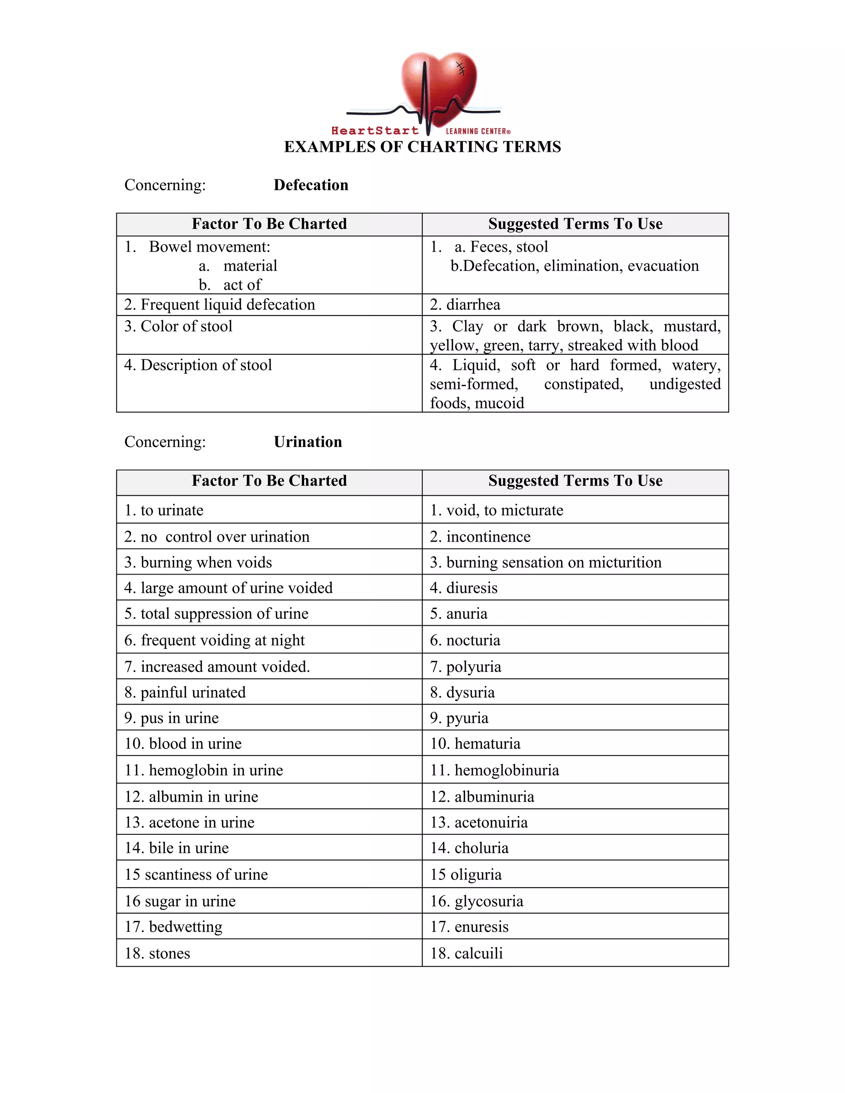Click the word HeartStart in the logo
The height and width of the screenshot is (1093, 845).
(x=375, y=131)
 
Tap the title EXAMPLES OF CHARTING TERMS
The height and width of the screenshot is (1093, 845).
(x=422, y=147)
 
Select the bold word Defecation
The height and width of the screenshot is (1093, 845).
(x=311, y=185)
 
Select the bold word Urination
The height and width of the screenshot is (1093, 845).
(x=308, y=442)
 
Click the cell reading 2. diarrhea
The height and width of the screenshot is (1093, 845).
(x=465, y=305)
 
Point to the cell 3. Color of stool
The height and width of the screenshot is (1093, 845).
(x=178, y=326)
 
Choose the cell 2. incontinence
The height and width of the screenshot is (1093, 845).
(x=480, y=537)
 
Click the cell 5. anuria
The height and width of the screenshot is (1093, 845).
(x=458, y=614)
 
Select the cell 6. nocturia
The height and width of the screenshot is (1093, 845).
(x=465, y=641)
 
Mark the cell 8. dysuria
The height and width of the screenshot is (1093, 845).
(x=462, y=693)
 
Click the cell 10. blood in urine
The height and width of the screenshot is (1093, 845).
(x=183, y=744)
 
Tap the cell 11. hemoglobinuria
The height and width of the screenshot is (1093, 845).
(x=495, y=770)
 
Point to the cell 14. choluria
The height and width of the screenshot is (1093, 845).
(x=469, y=848)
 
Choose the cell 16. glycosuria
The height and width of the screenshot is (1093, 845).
(x=477, y=901)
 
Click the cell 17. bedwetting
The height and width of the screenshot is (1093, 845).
(x=173, y=927)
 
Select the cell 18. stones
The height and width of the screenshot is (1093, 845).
(x=157, y=953)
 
